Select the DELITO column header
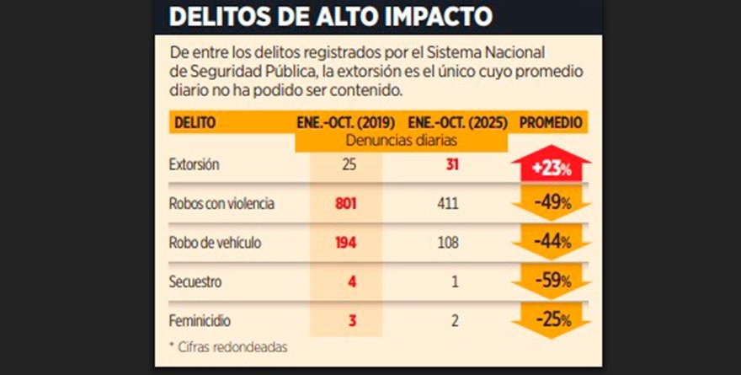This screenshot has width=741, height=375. (195, 122)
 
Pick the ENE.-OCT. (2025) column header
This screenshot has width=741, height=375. (457, 122)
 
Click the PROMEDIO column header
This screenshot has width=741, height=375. (552, 122)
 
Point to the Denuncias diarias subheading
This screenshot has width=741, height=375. (401, 141)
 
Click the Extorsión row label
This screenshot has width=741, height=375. (195, 165)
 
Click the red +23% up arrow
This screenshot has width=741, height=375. (552, 165)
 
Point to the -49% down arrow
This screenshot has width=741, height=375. (552, 205)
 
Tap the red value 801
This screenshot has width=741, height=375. (346, 204)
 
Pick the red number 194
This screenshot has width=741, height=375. (346, 243)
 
